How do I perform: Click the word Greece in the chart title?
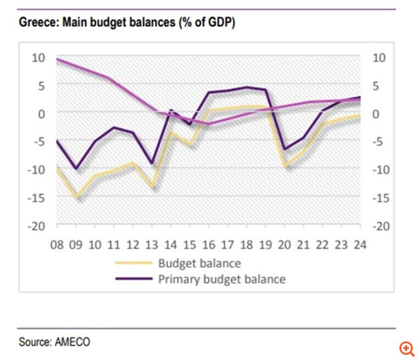pyautogui.click(x=36, y=23)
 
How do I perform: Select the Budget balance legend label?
pyautogui.click(x=199, y=263)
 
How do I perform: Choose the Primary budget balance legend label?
pyautogui.click(x=222, y=279)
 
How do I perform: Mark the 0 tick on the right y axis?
pyautogui.click(x=376, y=114)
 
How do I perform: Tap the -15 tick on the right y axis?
pyautogui.click(x=378, y=198)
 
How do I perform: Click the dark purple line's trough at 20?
pyautogui.click(x=286, y=149)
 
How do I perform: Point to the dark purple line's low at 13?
pyautogui.click(x=153, y=163)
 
